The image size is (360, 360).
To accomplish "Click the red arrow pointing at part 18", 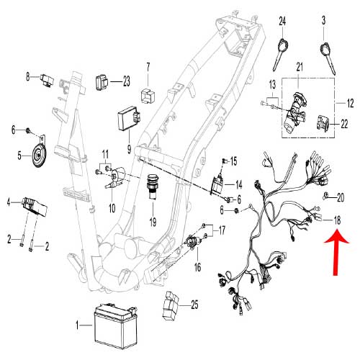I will coord(337,251).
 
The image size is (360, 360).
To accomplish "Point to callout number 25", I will coord(194,305).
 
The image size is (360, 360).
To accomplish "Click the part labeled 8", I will coord(49,76).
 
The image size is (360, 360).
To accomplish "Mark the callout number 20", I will coord(341,197).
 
